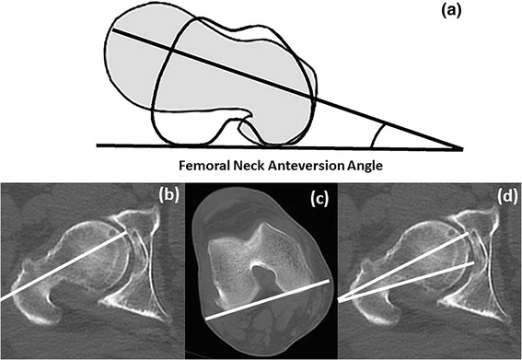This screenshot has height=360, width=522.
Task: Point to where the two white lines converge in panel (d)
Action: click(x=341, y=299)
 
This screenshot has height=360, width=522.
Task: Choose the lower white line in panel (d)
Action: click(x=414, y=280)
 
